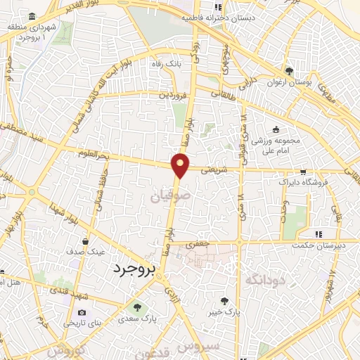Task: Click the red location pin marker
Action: point(181,166)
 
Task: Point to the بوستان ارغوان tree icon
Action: point(288,71)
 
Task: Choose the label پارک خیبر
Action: point(225,310)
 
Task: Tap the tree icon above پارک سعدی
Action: point(136,306)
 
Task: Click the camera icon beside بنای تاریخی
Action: point(82,313)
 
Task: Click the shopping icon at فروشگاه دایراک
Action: point(303,171)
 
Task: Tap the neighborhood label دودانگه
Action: point(265,281)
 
